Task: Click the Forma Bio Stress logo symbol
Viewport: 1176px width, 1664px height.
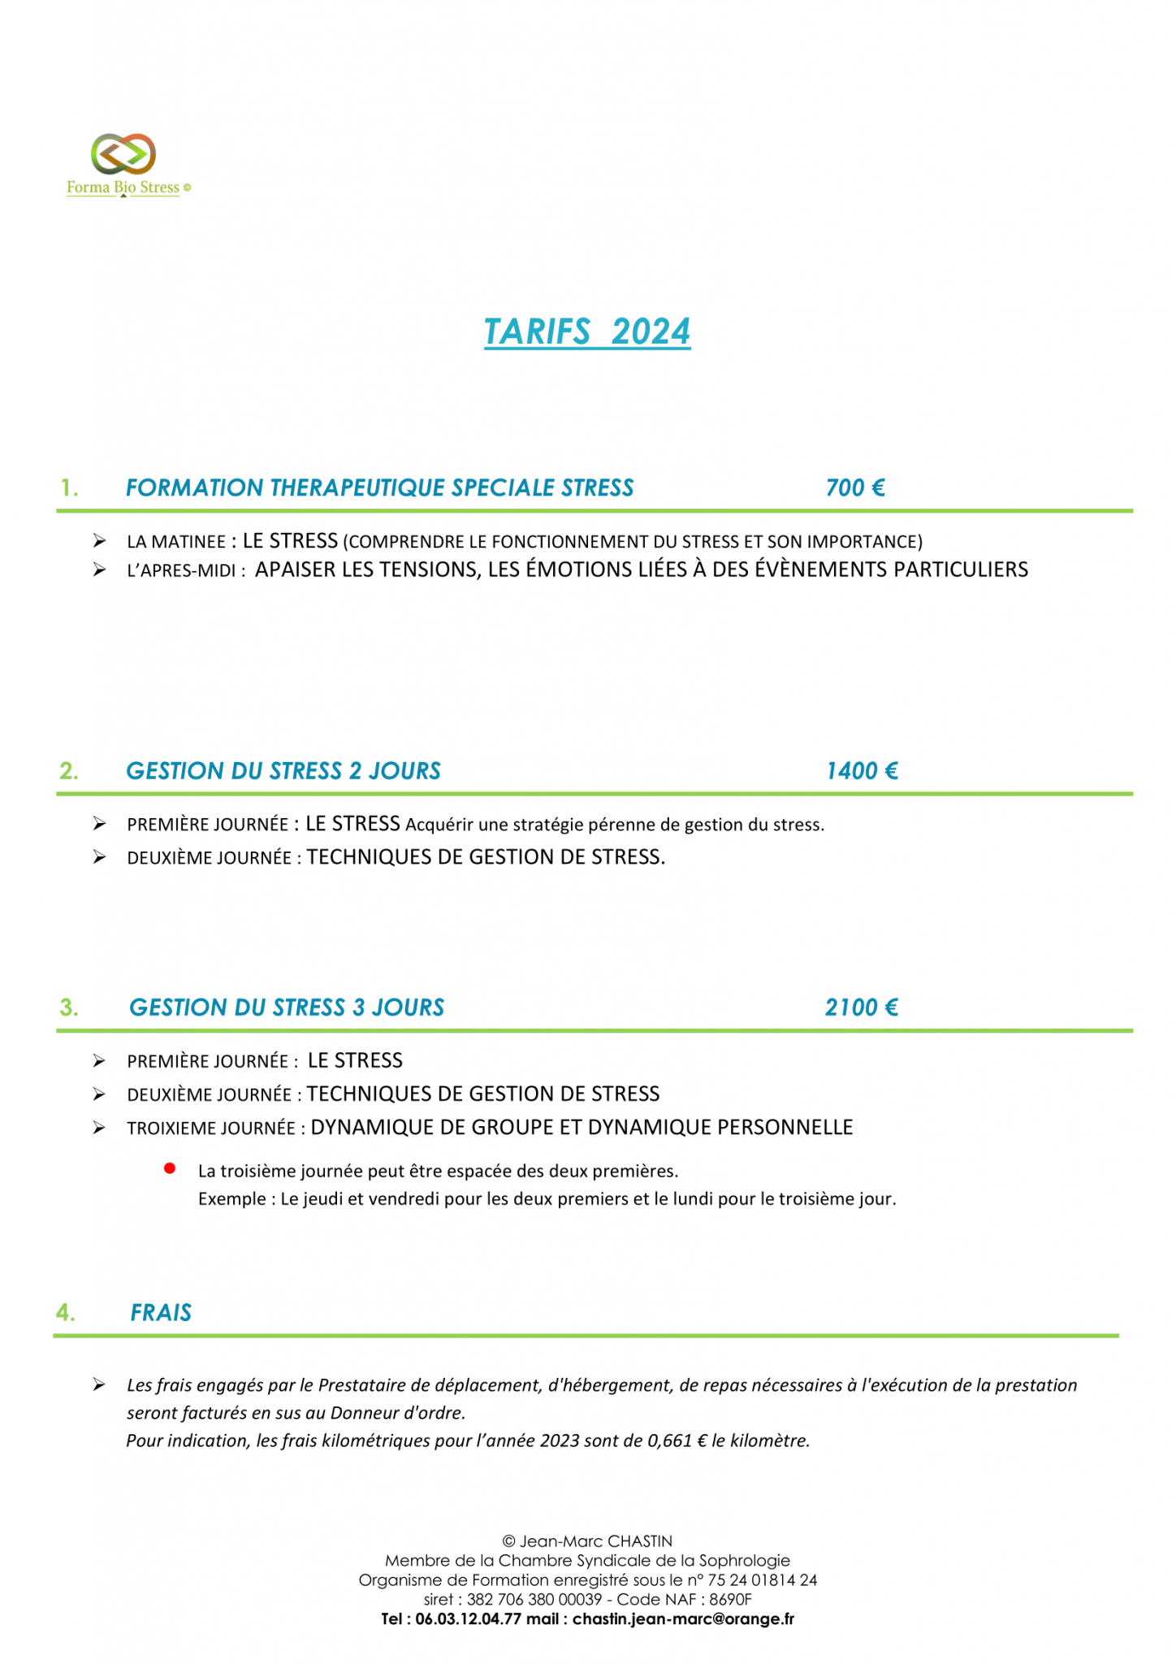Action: (123, 154)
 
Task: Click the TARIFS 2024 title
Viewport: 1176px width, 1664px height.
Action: (587, 331)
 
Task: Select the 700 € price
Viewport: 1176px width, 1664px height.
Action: (854, 487)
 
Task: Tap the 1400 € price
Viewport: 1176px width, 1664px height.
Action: (861, 770)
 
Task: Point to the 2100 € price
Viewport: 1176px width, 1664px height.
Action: (861, 1007)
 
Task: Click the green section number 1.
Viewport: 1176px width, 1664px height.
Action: (70, 488)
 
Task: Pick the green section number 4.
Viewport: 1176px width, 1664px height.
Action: (67, 1313)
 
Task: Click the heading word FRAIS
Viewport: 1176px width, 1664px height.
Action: (161, 1313)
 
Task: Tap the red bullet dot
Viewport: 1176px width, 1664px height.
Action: (170, 1168)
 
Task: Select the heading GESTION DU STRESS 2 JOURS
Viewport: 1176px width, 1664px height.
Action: (283, 770)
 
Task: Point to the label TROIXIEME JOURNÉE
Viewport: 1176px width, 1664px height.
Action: (211, 1129)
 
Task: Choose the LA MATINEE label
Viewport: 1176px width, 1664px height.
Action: (175, 542)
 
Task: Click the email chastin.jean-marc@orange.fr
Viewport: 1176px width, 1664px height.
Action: (683, 1618)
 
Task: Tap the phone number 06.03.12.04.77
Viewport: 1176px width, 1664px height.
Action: (467, 1618)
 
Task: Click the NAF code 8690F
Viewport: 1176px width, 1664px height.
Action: (730, 1599)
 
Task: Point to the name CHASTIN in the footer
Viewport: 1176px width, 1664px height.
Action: (640, 1540)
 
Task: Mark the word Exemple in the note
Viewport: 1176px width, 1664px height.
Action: (231, 1199)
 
